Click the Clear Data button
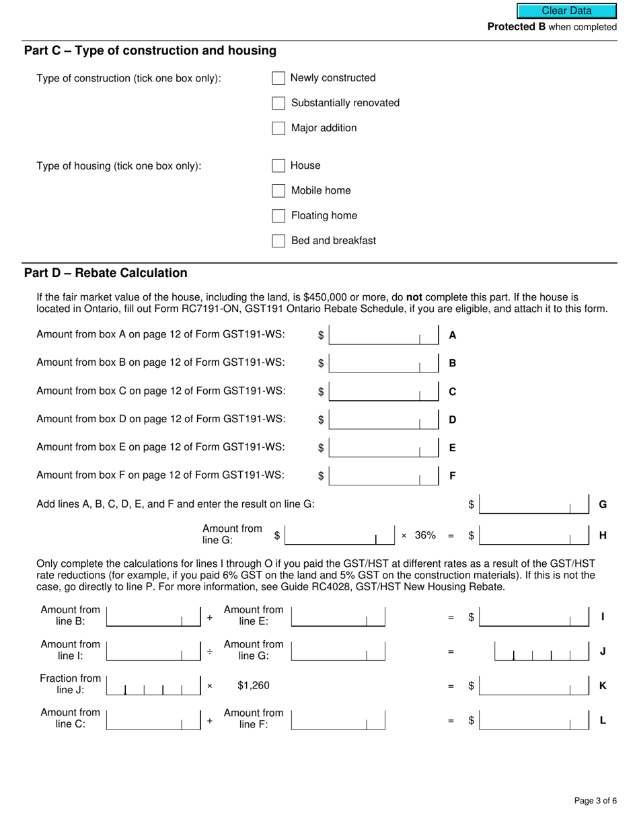point(566,11)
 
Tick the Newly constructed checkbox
point(278,78)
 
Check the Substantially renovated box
point(278,103)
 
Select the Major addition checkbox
point(278,128)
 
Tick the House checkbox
point(278,165)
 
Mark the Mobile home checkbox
point(278,190)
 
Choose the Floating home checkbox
point(278,216)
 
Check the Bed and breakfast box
point(278,241)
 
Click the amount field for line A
point(383,335)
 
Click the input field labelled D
point(383,420)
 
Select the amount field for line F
point(383,476)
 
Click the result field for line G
point(534,504)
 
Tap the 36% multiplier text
point(425,535)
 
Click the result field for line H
point(534,536)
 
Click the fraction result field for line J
point(541,652)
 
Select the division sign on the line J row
point(210,652)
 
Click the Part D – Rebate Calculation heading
point(106,273)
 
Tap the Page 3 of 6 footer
point(595,801)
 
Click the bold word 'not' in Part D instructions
point(414,297)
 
